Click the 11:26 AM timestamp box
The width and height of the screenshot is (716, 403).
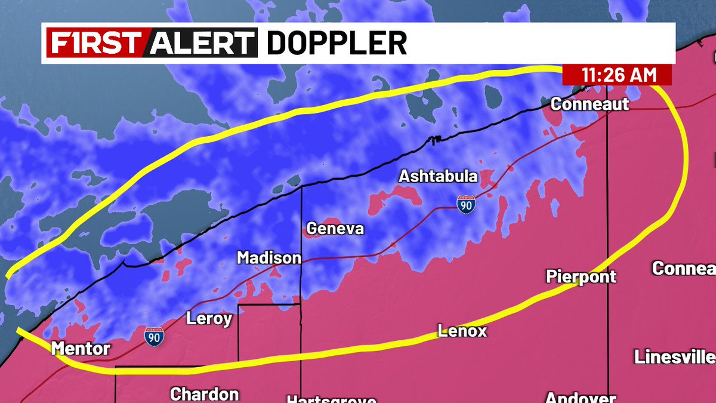point(618,75)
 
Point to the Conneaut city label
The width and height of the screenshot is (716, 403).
point(590,104)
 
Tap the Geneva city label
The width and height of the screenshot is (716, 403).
point(335,229)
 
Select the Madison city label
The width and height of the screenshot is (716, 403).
point(269,258)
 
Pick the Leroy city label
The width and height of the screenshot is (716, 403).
point(209,319)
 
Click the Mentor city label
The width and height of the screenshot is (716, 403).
point(81,348)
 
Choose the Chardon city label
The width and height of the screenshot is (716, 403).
point(205,394)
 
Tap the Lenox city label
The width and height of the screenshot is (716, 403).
point(462,330)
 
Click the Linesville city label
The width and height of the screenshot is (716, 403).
point(674,357)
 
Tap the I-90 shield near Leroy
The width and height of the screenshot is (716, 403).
point(154,336)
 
